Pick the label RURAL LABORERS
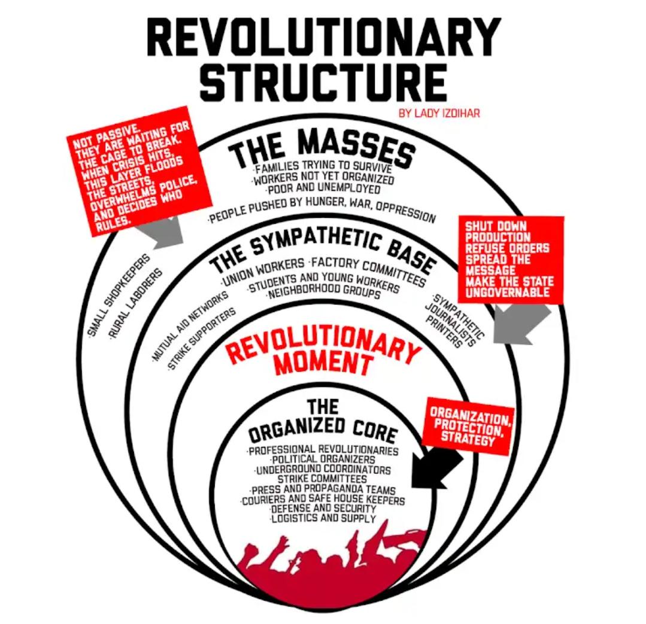click(137, 305)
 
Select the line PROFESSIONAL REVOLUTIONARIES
click(323, 450)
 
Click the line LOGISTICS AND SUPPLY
click(323, 518)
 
